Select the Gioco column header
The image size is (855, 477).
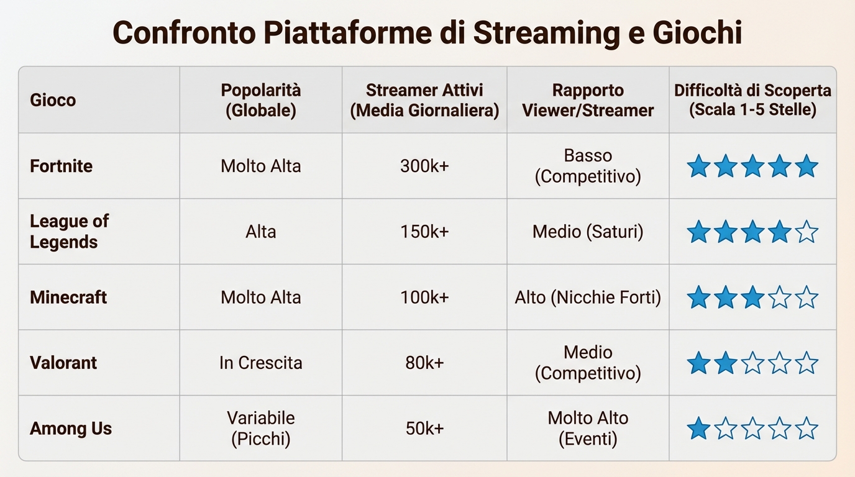53,100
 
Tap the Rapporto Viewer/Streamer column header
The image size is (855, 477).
588,100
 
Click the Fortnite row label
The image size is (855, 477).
61,166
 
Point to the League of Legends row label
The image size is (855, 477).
69,231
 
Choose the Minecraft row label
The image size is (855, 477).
68,297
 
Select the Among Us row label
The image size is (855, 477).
71,429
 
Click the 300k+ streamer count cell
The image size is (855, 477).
424,166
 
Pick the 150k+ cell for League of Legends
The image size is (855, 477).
424,232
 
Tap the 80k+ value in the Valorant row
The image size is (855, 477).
424,363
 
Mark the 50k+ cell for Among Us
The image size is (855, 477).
424,429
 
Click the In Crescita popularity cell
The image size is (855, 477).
260,363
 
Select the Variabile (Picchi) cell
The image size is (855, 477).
260,429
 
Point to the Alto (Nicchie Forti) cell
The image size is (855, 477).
588,297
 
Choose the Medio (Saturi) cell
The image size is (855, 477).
588,232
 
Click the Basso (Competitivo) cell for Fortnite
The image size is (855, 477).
588,166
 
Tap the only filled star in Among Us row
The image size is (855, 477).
698,429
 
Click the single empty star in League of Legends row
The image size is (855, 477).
807,232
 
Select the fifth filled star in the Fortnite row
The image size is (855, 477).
807,166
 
